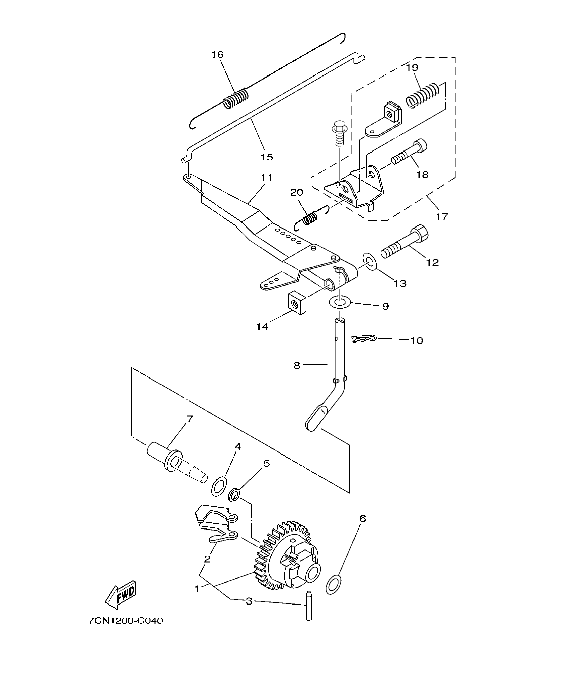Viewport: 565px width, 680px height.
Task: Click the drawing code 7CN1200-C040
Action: [x=125, y=621]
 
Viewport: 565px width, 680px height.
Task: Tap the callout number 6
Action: [x=363, y=518]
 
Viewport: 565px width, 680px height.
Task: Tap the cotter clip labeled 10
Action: [x=366, y=340]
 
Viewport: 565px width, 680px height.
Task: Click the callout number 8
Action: [x=297, y=366]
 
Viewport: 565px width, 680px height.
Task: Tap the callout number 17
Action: [x=442, y=217]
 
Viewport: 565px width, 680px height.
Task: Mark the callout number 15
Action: [x=267, y=157]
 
